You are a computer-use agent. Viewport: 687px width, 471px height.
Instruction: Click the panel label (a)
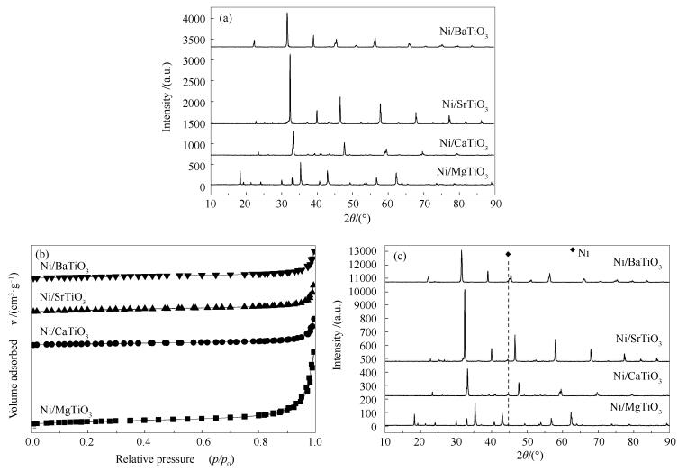(229, 18)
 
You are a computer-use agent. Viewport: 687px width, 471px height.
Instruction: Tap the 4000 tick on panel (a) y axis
(194, 19)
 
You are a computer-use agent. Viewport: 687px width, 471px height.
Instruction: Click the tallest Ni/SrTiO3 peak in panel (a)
(290, 56)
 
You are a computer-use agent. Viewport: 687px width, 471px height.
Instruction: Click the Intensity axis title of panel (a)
(167, 101)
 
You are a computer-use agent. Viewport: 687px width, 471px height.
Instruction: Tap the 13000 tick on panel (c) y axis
(363, 250)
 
